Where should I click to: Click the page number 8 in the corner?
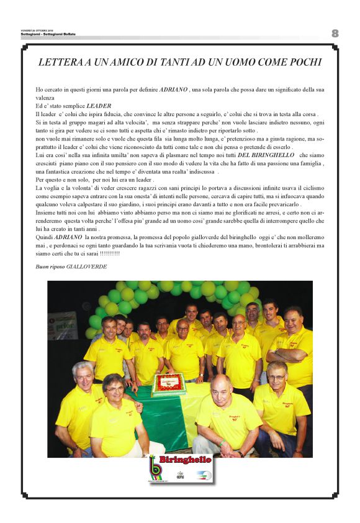tap(335, 33)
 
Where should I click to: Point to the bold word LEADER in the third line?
tap(98, 106)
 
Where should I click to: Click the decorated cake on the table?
tap(169, 384)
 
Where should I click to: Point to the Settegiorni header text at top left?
tap(47, 34)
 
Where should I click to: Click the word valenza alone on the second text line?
tap(45, 98)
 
